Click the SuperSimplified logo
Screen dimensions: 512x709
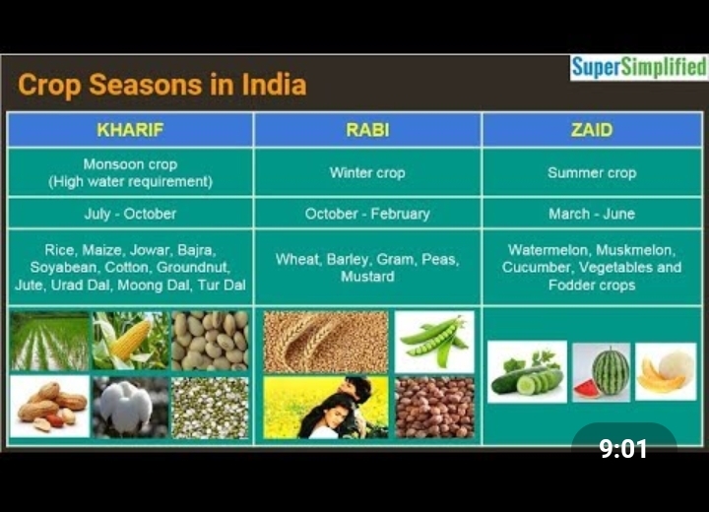tap(638, 68)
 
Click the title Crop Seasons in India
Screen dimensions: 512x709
tap(162, 86)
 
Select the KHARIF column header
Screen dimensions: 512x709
tap(130, 130)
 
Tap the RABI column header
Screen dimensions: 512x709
tap(367, 130)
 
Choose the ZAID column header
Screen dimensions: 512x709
tap(591, 130)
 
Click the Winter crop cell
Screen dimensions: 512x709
tap(367, 172)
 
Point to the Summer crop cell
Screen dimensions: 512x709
tap(591, 172)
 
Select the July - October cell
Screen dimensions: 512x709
tap(130, 214)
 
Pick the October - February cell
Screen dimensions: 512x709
tap(367, 214)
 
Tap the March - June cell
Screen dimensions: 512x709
tap(591, 214)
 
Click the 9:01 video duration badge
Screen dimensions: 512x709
tap(624, 449)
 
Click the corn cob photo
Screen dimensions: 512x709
tap(130, 341)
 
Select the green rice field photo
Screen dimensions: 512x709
tap(49, 341)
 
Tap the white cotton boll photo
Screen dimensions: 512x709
tap(130, 406)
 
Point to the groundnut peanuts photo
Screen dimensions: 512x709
tap(49, 406)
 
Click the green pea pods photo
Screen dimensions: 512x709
tap(434, 341)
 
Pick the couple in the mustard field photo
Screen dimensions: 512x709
tap(326, 407)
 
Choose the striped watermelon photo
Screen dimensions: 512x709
tap(602, 372)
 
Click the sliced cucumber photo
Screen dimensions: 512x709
tap(527, 372)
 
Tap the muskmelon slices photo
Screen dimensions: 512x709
tap(665, 372)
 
